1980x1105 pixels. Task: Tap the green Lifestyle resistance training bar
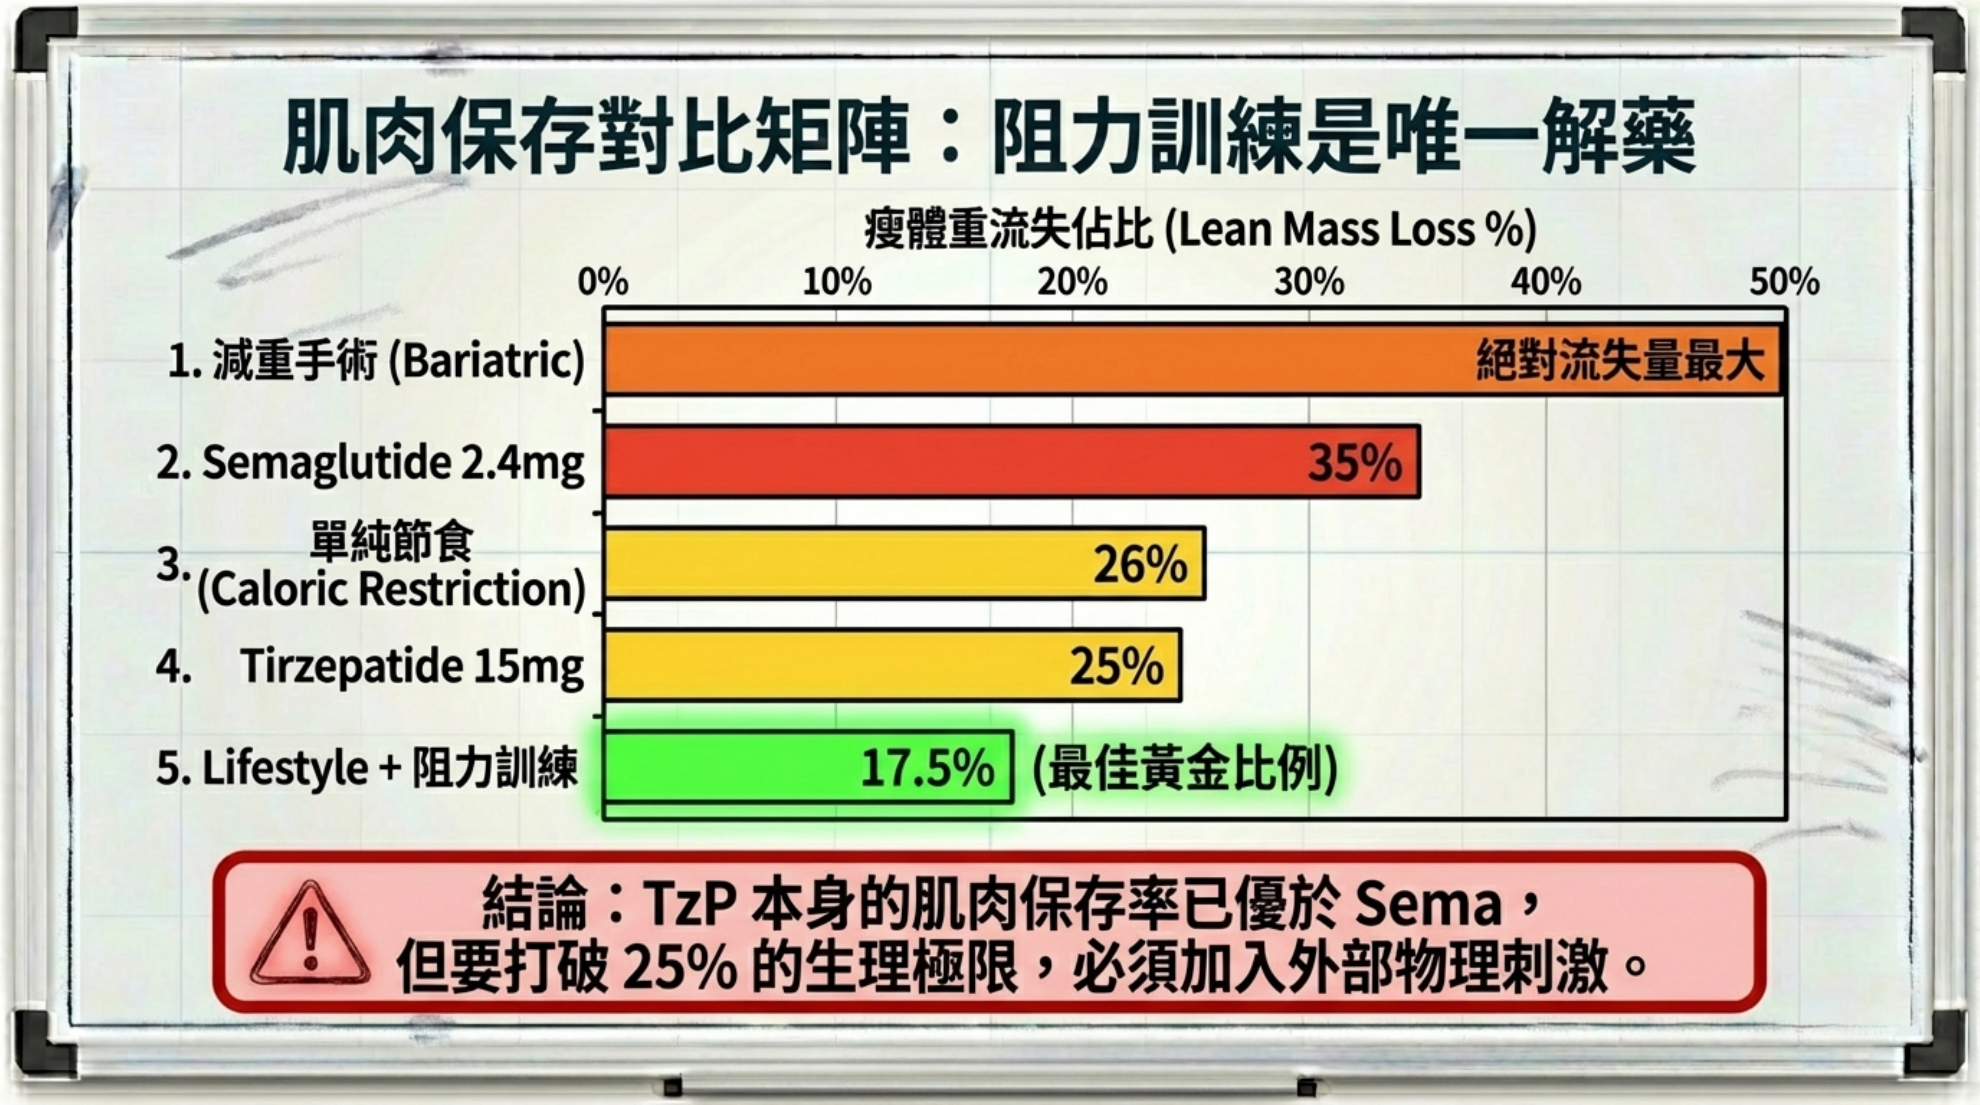[730, 767]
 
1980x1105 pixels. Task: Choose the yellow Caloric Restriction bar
[845, 564]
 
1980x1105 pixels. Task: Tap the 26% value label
[1140, 565]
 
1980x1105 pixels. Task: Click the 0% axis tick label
[603, 283]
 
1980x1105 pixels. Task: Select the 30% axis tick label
[1309, 283]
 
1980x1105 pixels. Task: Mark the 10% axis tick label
[837, 283]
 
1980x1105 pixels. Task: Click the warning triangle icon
[310, 935]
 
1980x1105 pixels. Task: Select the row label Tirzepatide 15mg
[411, 665]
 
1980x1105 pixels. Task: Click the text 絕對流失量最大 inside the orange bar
[1620, 360]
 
